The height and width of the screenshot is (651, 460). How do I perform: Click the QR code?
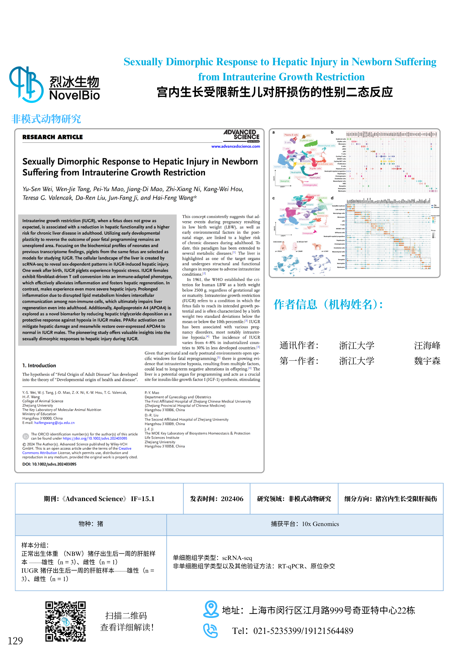(66, 621)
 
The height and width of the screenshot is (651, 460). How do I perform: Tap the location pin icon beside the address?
(210, 609)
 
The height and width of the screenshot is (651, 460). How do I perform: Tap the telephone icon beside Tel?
(210, 630)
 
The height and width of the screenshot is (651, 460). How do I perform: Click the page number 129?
(15, 641)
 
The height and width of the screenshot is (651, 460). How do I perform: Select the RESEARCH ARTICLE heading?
(52, 137)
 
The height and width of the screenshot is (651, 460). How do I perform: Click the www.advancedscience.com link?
(235, 146)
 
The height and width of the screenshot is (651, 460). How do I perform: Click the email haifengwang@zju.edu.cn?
(54, 423)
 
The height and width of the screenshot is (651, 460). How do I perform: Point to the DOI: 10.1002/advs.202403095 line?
(49, 464)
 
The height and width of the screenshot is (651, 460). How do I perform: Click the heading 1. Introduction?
(39, 365)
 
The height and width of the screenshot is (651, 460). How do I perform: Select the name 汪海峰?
(427, 345)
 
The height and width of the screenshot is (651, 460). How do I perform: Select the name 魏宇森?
(427, 361)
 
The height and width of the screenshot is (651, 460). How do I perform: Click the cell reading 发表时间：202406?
(217, 499)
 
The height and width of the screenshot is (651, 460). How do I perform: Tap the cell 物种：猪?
(91, 524)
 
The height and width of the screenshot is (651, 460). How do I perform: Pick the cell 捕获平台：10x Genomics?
(305, 524)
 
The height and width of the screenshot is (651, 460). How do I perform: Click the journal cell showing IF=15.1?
(99, 499)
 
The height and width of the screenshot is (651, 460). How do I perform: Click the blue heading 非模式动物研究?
(46, 119)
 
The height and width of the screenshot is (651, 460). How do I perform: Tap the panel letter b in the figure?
(332, 132)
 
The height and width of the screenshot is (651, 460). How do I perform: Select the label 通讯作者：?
(299, 345)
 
